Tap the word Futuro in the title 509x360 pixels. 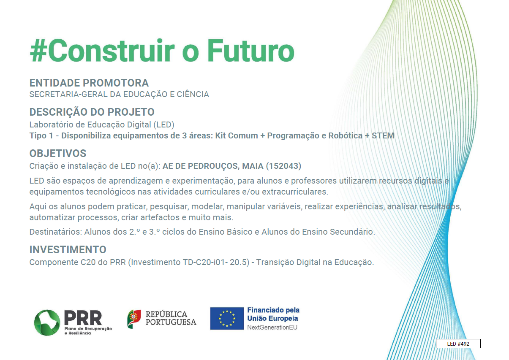pos(250,50)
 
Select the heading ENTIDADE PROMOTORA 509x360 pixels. pos(89,83)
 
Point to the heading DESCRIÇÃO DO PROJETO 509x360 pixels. pos(92,112)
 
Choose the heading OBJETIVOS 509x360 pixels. pos(58,153)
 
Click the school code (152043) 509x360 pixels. pos(283,166)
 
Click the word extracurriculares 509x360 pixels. pos(295,192)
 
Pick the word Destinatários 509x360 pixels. pos(56,232)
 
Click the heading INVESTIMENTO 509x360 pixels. pos(68,249)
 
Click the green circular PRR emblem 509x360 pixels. pos(47,322)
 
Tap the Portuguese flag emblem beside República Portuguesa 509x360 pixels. pos(134,319)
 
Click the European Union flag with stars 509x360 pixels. pos(227,319)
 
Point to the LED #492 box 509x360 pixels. pos(458,344)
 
